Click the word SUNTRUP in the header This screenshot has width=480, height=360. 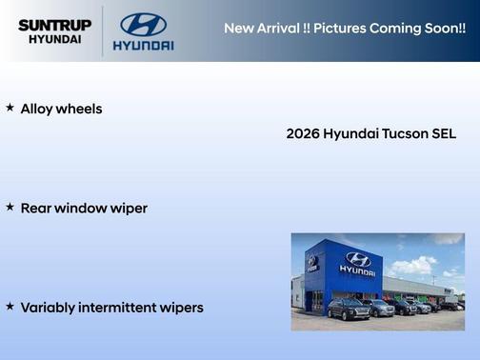coord(55,24)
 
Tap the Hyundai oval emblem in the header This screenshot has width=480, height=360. coord(143,24)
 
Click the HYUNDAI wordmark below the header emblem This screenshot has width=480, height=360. coord(143,45)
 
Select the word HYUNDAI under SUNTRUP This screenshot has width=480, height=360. coord(55,40)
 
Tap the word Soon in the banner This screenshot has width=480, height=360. coord(446,28)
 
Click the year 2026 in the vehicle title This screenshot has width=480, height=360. coord(302,134)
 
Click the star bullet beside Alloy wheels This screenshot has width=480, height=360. coord(10,109)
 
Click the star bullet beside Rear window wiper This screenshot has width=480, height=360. coord(10,207)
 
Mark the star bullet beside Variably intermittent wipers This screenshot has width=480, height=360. coord(10,307)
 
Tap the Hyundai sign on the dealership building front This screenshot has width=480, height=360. coord(358,262)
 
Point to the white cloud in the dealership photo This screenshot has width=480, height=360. coord(410,264)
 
